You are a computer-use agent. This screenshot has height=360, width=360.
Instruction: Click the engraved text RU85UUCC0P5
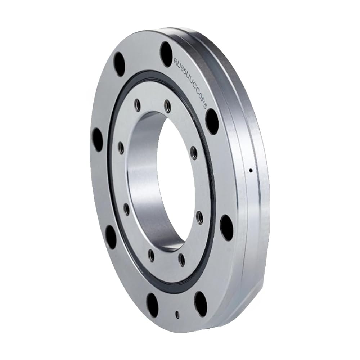190,82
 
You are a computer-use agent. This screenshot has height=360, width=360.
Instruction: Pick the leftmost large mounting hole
97,140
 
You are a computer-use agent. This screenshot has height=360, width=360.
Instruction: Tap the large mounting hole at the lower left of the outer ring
111,237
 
